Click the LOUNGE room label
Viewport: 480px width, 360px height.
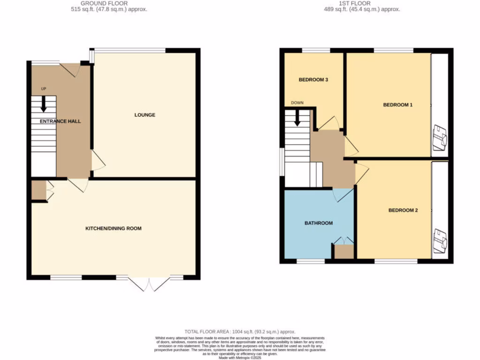click(x=144, y=115)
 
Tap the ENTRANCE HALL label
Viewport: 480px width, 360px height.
click(x=60, y=121)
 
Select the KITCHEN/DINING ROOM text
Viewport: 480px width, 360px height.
click(x=113, y=229)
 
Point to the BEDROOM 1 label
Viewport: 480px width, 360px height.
click(x=397, y=105)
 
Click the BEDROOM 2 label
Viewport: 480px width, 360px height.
click(x=403, y=210)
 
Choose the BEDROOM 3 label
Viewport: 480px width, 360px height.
click(x=313, y=80)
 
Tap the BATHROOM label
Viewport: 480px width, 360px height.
click(x=318, y=223)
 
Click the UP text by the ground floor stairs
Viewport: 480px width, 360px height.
click(x=44, y=89)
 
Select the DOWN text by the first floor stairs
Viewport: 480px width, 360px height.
click(x=297, y=103)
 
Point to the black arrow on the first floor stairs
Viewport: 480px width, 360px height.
click(x=297, y=118)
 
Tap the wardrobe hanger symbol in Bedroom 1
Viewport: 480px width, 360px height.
click(x=440, y=137)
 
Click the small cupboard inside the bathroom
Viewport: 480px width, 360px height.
click(x=344, y=251)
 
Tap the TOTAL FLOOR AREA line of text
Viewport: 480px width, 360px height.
click(x=240, y=331)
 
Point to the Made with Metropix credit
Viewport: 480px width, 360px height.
click(x=240, y=357)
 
